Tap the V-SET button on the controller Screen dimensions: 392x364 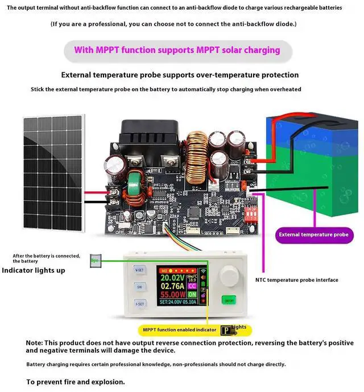click(x=139, y=269)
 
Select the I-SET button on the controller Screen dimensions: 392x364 click(x=139, y=304)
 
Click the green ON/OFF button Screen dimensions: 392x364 click(x=229, y=300)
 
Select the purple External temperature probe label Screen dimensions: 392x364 click(x=313, y=234)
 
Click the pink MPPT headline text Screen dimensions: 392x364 click(x=177, y=50)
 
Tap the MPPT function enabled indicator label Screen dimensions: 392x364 click(x=180, y=329)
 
